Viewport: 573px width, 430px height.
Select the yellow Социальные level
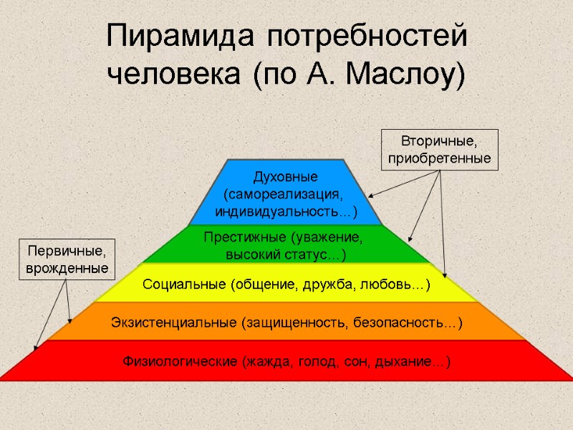pos(286,285)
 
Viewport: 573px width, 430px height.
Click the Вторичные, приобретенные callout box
pos(440,149)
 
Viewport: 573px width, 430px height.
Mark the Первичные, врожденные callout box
pos(67,259)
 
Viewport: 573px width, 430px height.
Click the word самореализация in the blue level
pos(284,194)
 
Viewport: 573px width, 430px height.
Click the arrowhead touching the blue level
pos(370,195)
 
